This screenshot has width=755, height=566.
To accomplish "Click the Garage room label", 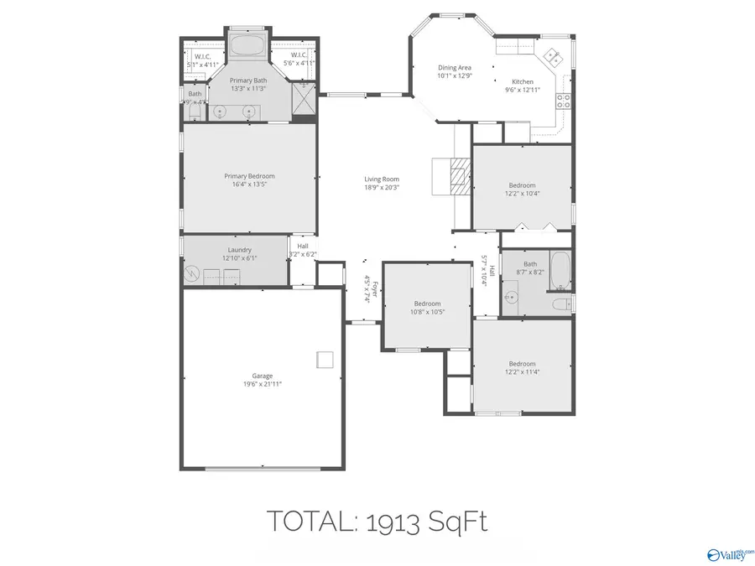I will click(262, 376).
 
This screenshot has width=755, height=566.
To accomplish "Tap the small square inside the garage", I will click(325, 359).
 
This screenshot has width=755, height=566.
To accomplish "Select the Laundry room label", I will click(240, 250).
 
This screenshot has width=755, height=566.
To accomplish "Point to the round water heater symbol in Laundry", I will click(192, 274).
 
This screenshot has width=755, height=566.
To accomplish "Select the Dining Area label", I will click(455, 68).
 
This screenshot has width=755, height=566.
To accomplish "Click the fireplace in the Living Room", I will click(456, 176).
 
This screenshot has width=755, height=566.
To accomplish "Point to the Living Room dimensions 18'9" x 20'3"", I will click(381, 188).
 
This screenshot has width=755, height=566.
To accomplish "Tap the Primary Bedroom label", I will click(249, 176).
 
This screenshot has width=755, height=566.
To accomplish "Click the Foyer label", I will click(375, 289).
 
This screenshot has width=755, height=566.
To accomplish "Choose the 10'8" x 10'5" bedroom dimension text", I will click(427, 312).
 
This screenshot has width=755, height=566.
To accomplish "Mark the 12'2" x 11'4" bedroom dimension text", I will click(521, 371).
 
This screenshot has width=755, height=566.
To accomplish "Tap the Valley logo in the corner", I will click(729, 553).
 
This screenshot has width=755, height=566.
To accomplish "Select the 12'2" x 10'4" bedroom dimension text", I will click(522, 194).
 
